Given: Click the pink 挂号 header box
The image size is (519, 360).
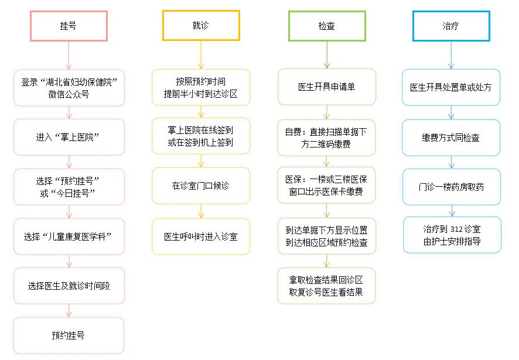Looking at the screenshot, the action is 69,26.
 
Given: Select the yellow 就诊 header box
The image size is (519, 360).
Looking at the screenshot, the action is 201,26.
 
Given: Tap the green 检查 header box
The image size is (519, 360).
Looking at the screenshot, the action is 327,26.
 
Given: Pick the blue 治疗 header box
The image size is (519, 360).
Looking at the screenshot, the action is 451,26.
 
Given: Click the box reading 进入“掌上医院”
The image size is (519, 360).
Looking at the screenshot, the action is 69,137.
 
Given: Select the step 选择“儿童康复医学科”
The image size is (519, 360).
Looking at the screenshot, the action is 69,236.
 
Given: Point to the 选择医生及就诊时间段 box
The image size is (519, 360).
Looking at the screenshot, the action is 69,286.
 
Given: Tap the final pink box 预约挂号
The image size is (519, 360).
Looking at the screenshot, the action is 69,335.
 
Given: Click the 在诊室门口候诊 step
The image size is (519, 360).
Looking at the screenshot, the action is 201,186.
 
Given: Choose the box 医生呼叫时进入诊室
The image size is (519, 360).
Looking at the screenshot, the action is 201,236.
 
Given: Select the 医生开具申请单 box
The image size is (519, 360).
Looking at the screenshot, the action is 327,87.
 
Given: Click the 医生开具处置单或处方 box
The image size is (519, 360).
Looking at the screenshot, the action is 451,87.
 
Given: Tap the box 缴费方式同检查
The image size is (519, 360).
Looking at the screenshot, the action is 451,138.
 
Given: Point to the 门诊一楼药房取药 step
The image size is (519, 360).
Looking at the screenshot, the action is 452,187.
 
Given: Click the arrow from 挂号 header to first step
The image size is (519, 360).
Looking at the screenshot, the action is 69,56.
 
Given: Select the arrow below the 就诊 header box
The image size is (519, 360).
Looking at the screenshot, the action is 201,55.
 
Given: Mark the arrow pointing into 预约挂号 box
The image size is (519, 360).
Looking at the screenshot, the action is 69,311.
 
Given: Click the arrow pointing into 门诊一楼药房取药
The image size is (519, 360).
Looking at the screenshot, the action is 452,162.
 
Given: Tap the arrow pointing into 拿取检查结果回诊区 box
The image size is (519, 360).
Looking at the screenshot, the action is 327,260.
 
